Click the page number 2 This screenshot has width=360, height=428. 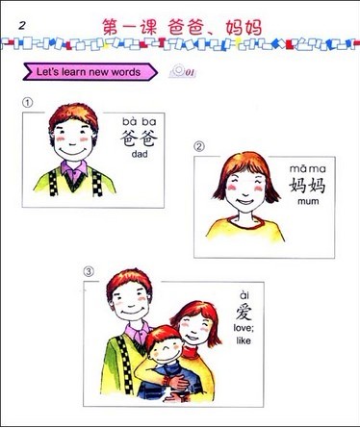click(22, 25)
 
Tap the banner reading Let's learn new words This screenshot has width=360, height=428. click(90, 72)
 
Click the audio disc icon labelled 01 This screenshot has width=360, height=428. click(182, 71)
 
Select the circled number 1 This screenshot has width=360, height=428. click(28, 103)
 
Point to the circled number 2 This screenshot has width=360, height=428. click(199, 147)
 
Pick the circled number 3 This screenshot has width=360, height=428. click(89, 272)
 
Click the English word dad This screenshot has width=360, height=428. click(140, 154)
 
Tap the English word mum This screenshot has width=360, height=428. click(308, 202)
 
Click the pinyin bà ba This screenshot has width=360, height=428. click(140, 121)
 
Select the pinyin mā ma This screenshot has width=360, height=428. click(308, 168)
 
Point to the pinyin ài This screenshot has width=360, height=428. click(244, 295)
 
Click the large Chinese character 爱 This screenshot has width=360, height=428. click(244, 312)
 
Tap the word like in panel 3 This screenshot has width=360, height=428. click(244, 340)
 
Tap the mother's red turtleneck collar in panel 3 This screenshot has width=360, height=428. click(191, 351)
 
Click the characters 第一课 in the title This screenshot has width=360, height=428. click(130, 28)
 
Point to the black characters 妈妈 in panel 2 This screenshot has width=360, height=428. click(307, 186)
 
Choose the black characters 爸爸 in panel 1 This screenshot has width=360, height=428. click(140, 138)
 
